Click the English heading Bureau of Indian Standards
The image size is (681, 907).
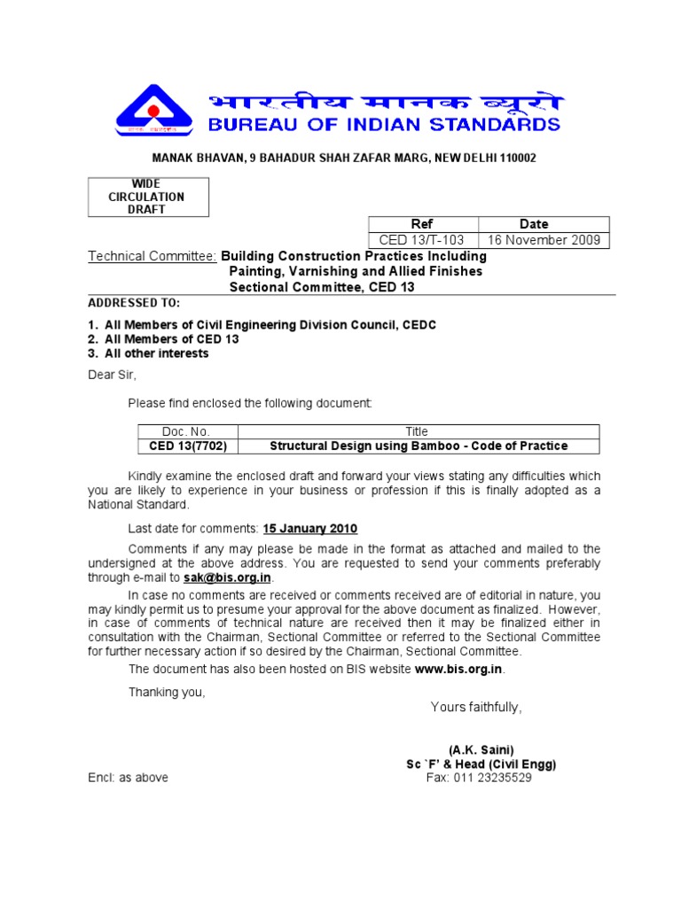pos(384,124)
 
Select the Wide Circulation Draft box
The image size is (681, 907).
pos(148,197)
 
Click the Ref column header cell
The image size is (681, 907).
pos(422,224)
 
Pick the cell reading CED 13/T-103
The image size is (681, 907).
pos(422,240)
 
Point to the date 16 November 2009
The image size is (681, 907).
pos(544,240)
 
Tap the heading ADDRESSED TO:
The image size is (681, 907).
pos(133,303)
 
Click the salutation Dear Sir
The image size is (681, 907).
pos(113,374)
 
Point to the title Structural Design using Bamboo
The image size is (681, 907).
pos(419,446)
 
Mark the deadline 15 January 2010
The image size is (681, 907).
pos(309,529)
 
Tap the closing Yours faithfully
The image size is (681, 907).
pos(476,707)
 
